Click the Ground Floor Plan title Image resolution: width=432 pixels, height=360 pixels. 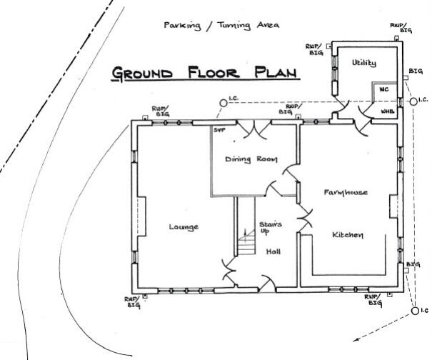click(x=205, y=74)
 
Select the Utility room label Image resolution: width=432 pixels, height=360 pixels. click(x=363, y=64)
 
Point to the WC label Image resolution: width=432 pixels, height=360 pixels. click(x=383, y=90)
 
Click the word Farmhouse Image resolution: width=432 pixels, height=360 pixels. click(x=345, y=193)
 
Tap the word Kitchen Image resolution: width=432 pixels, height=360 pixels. click(x=348, y=235)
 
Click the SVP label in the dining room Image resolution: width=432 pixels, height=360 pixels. click(x=219, y=129)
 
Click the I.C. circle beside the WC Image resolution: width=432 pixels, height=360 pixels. click(x=413, y=102)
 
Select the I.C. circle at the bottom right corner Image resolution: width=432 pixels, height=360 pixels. click(x=415, y=311)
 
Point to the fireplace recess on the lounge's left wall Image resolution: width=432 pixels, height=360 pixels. click(x=141, y=217)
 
